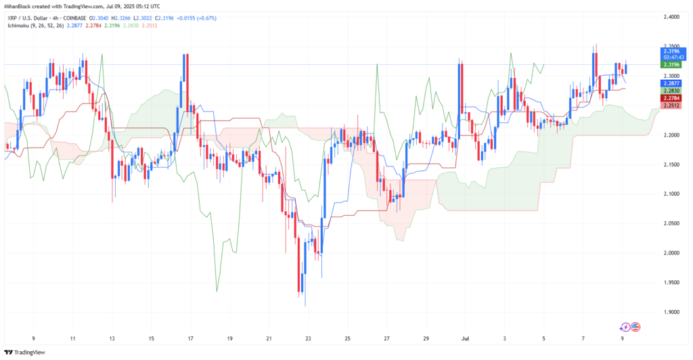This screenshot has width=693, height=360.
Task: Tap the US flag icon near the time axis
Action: tap(635, 326)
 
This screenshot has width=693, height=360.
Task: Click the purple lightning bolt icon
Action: tap(626, 326)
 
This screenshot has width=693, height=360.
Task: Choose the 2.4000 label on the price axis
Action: tap(672, 16)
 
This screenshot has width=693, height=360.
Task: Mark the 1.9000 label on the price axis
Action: tap(672, 312)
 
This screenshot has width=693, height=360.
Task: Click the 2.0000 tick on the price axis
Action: tap(672, 253)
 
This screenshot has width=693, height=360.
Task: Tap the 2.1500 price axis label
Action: tap(672, 164)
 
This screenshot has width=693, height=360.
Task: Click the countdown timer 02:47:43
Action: tap(672, 58)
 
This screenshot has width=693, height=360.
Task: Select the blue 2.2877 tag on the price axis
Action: tap(672, 82)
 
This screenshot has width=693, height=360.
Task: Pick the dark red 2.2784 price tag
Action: tap(672, 98)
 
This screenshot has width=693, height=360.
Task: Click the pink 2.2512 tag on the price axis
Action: tap(672, 106)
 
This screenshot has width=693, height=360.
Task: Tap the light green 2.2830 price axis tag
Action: tap(672, 90)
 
